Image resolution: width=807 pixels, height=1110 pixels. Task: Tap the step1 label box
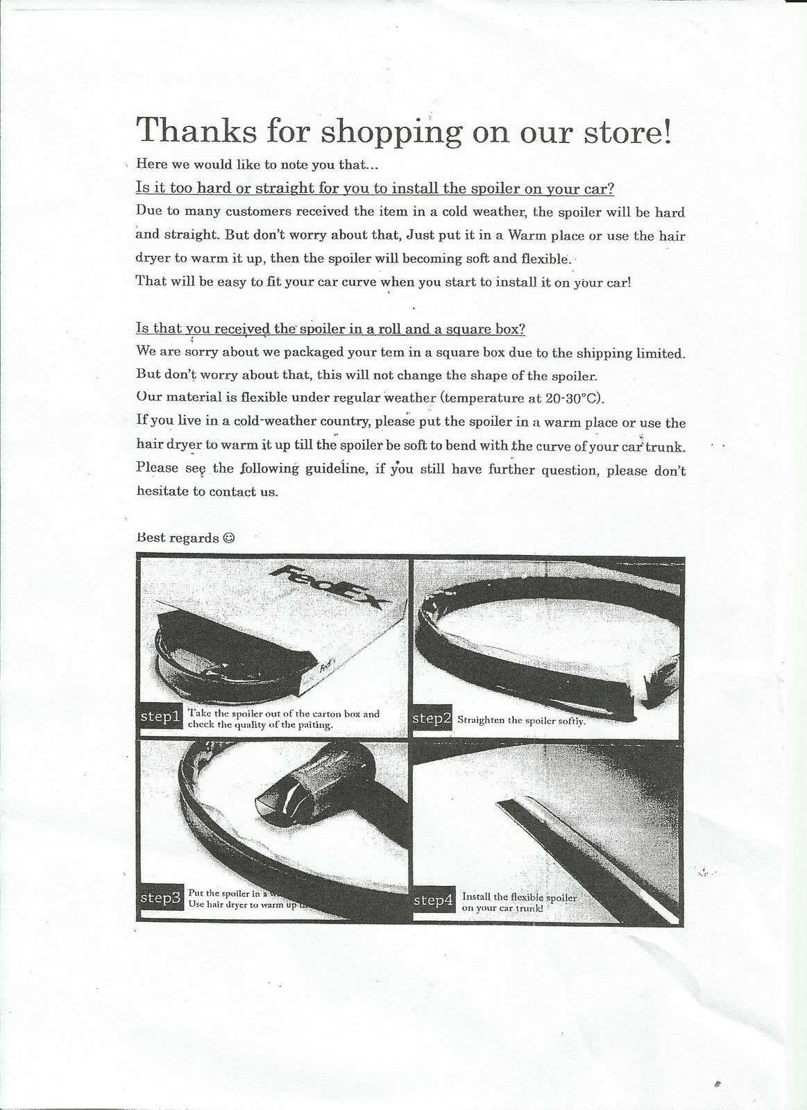tap(160, 717)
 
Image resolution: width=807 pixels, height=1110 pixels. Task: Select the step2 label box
tap(432, 718)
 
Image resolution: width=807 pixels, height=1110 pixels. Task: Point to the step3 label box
tap(160, 898)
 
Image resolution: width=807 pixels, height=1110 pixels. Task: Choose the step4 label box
tap(434, 900)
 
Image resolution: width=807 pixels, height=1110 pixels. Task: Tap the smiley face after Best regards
tap(230, 538)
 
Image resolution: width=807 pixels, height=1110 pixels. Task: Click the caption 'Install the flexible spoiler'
tap(519, 897)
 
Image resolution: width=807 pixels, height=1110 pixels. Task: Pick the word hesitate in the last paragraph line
tap(162, 492)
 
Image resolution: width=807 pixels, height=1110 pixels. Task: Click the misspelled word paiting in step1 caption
tap(314, 725)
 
